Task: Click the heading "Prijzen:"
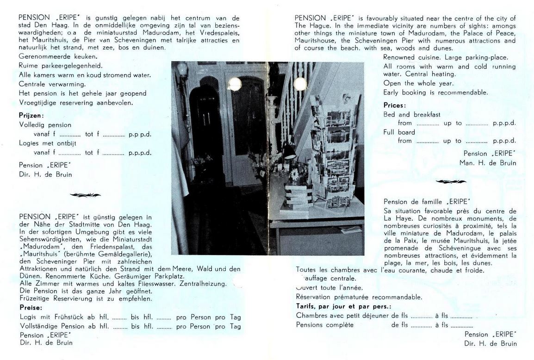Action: pos(31,115)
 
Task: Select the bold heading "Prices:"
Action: pos(394,106)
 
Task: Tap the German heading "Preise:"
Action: pos(31,307)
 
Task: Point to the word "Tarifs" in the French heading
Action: pos(307,306)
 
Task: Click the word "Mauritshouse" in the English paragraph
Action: pos(316,41)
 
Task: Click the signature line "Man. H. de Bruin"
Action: pos(488,163)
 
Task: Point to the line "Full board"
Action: pos(399,132)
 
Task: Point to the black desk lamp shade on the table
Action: pos(289,150)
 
